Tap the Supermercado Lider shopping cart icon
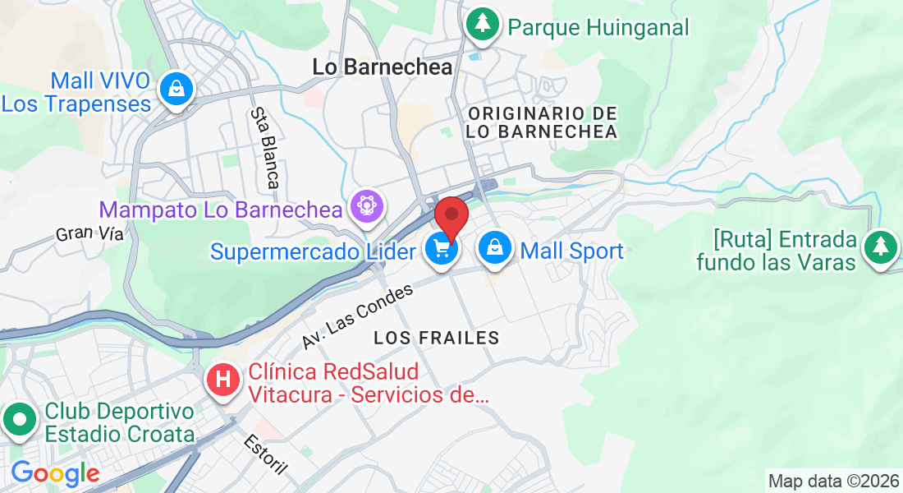click(x=442, y=248)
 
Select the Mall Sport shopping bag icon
click(x=495, y=246)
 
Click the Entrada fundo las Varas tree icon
click(x=881, y=245)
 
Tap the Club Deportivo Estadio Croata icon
click(x=19, y=421)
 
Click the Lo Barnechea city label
click(x=383, y=67)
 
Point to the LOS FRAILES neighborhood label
click(x=436, y=338)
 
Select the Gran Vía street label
click(x=89, y=234)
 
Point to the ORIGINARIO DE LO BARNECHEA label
click(x=541, y=122)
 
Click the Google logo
click(x=55, y=473)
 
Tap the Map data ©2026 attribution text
click(x=832, y=481)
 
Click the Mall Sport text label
click(x=572, y=251)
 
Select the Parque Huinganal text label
click(x=598, y=27)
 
